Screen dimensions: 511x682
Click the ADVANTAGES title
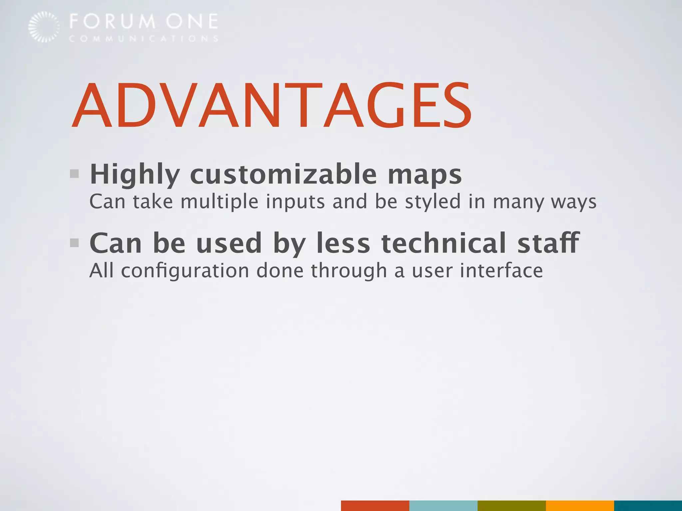click(271, 105)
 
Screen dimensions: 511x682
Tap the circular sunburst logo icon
click(44, 27)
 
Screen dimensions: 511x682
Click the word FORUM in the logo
click(113, 22)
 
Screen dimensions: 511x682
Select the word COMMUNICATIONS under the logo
click(144, 39)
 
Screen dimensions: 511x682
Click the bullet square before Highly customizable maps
click(74, 174)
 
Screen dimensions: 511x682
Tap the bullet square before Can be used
click(74, 243)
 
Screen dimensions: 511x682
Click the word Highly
click(135, 175)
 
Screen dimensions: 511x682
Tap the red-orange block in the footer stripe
click(375, 505)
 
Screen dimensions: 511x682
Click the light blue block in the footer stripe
click(443, 505)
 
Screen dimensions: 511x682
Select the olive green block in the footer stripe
click(511, 505)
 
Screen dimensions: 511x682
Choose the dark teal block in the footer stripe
click(648, 505)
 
